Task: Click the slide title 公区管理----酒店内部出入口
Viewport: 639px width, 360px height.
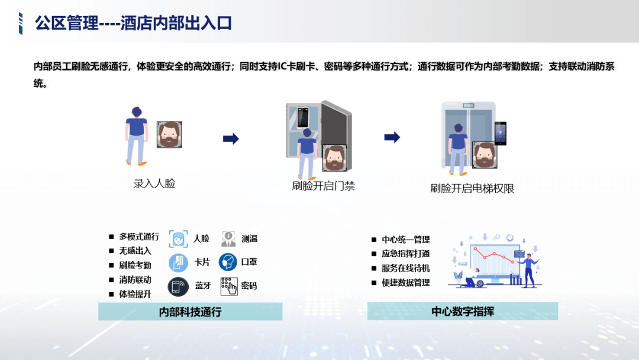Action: (x=133, y=23)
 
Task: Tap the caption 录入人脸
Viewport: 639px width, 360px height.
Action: (x=154, y=184)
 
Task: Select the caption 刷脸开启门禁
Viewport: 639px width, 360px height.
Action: (x=323, y=186)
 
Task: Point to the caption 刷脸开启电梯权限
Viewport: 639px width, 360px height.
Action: (x=472, y=188)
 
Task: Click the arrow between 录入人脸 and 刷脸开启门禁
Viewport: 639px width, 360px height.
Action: (x=231, y=139)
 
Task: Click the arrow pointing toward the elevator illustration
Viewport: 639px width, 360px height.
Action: (x=392, y=137)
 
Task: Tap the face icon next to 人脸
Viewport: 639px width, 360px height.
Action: (x=179, y=239)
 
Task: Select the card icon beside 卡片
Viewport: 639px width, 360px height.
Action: (x=179, y=262)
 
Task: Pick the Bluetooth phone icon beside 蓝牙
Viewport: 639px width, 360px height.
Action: (x=178, y=286)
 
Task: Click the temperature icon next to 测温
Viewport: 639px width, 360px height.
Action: (x=228, y=239)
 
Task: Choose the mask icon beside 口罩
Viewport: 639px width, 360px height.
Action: (x=228, y=262)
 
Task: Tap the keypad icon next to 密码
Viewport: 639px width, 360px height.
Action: (x=228, y=286)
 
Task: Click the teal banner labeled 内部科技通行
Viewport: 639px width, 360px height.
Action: (x=191, y=311)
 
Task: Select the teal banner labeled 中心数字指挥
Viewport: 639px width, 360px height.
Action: (x=463, y=311)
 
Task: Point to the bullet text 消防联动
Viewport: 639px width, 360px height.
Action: (x=135, y=279)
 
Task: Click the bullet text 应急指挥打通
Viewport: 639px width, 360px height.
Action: (x=405, y=253)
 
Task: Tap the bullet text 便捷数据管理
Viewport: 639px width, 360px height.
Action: (x=405, y=282)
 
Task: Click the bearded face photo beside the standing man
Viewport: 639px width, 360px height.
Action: (x=169, y=134)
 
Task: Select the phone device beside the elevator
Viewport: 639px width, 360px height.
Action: (x=501, y=133)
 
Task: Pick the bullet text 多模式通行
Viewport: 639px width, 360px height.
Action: (x=139, y=236)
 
